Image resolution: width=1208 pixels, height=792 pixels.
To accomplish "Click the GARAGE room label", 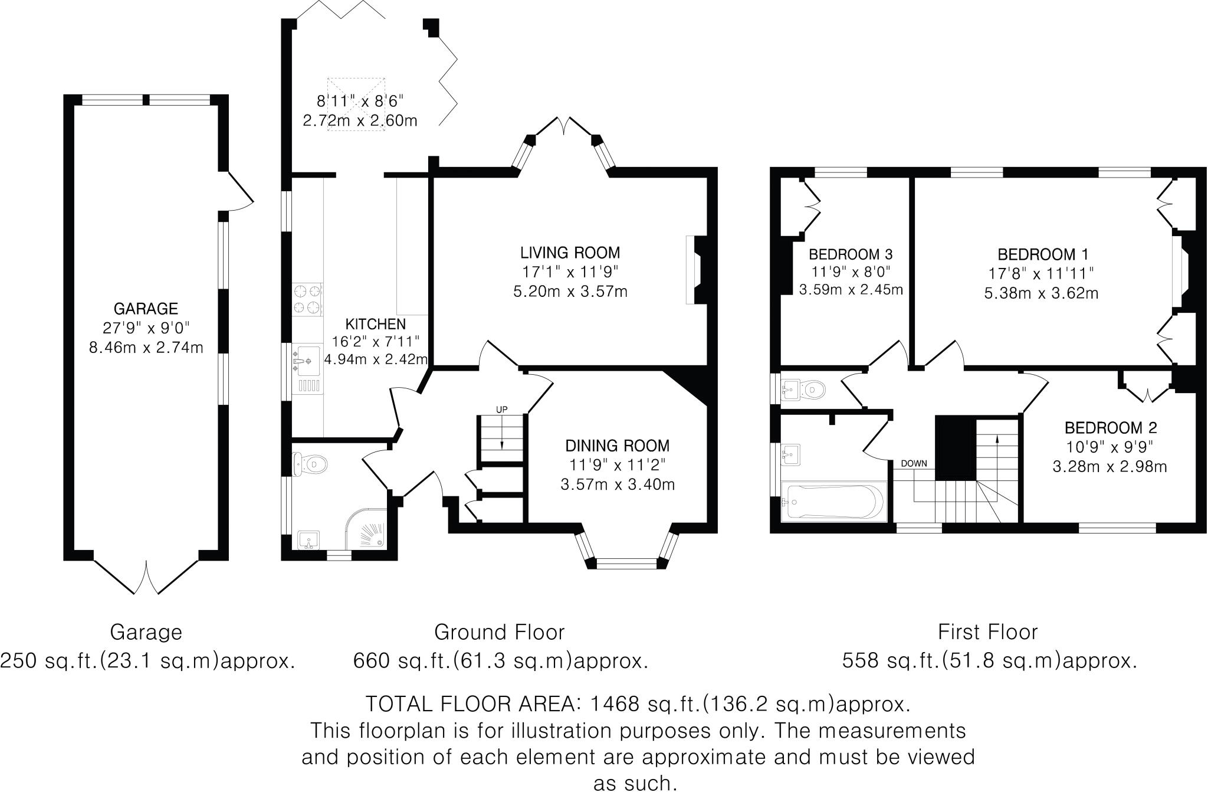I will [146, 309].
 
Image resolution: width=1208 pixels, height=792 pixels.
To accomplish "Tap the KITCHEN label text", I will [375, 324].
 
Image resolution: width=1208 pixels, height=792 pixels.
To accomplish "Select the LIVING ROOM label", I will [570, 253].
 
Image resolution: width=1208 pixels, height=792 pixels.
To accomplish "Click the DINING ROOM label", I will [617, 446].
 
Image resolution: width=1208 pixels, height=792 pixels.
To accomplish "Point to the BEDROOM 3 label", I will [850, 254].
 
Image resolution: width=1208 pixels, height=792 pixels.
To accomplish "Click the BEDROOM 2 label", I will [1110, 427].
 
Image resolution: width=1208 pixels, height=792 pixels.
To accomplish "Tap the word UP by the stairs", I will [501, 410].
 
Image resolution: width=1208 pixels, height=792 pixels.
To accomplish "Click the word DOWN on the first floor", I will [914, 463].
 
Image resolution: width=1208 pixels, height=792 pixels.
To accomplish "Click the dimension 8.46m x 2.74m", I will [146, 348].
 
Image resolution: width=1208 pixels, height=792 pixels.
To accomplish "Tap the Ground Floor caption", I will [499, 632].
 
